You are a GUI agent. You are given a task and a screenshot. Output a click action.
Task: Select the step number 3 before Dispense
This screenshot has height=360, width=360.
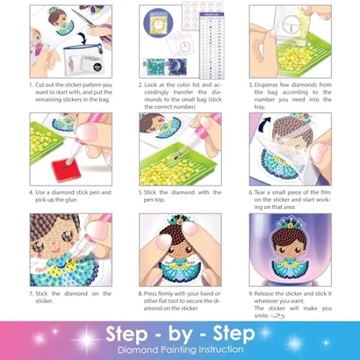coord(251,84)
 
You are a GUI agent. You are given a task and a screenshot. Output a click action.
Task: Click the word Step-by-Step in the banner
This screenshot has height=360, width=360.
coord(179,334)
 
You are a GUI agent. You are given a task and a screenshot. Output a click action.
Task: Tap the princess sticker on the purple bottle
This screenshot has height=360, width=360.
coord(290,245)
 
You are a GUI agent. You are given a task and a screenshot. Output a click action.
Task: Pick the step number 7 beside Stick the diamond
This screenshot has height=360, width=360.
coord(31,293)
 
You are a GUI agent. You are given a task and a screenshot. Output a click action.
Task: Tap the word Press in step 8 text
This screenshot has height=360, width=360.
coord(154,293)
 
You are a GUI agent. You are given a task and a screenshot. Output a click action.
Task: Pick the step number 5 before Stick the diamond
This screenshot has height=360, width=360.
coord(141,192)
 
